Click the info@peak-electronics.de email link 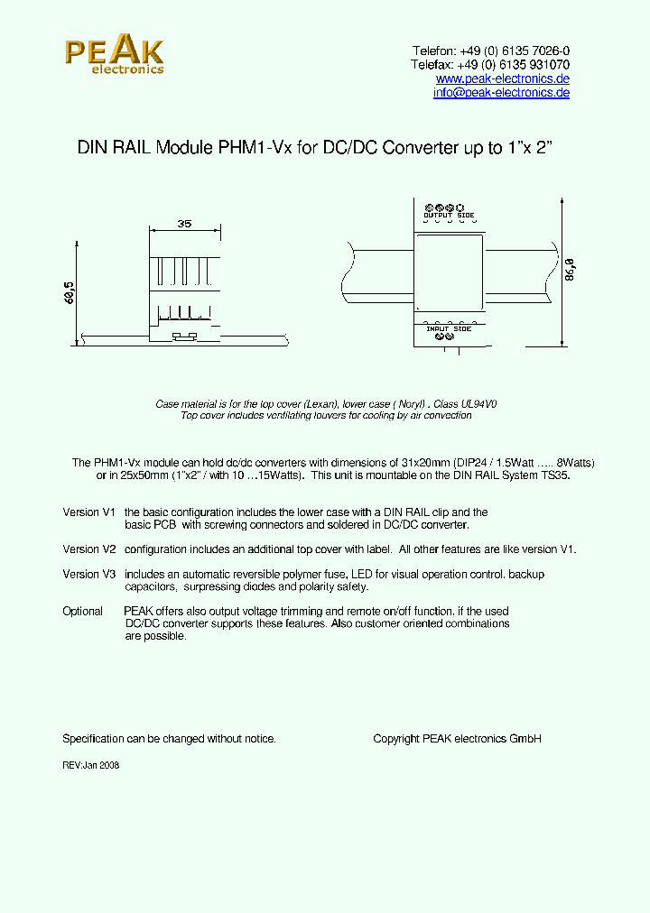pyautogui.click(x=501, y=93)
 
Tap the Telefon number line pyautogui.click(x=491, y=51)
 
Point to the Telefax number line pyautogui.click(x=490, y=65)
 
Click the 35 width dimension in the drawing pyautogui.click(x=184, y=223)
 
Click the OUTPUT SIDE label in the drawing pyautogui.click(x=449, y=216)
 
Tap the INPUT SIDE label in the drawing pyautogui.click(x=449, y=328)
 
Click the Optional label pyautogui.click(x=82, y=611)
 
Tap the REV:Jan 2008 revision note pyautogui.click(x=90, y=765)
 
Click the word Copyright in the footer pyautogui.click(x=396, y=739)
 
